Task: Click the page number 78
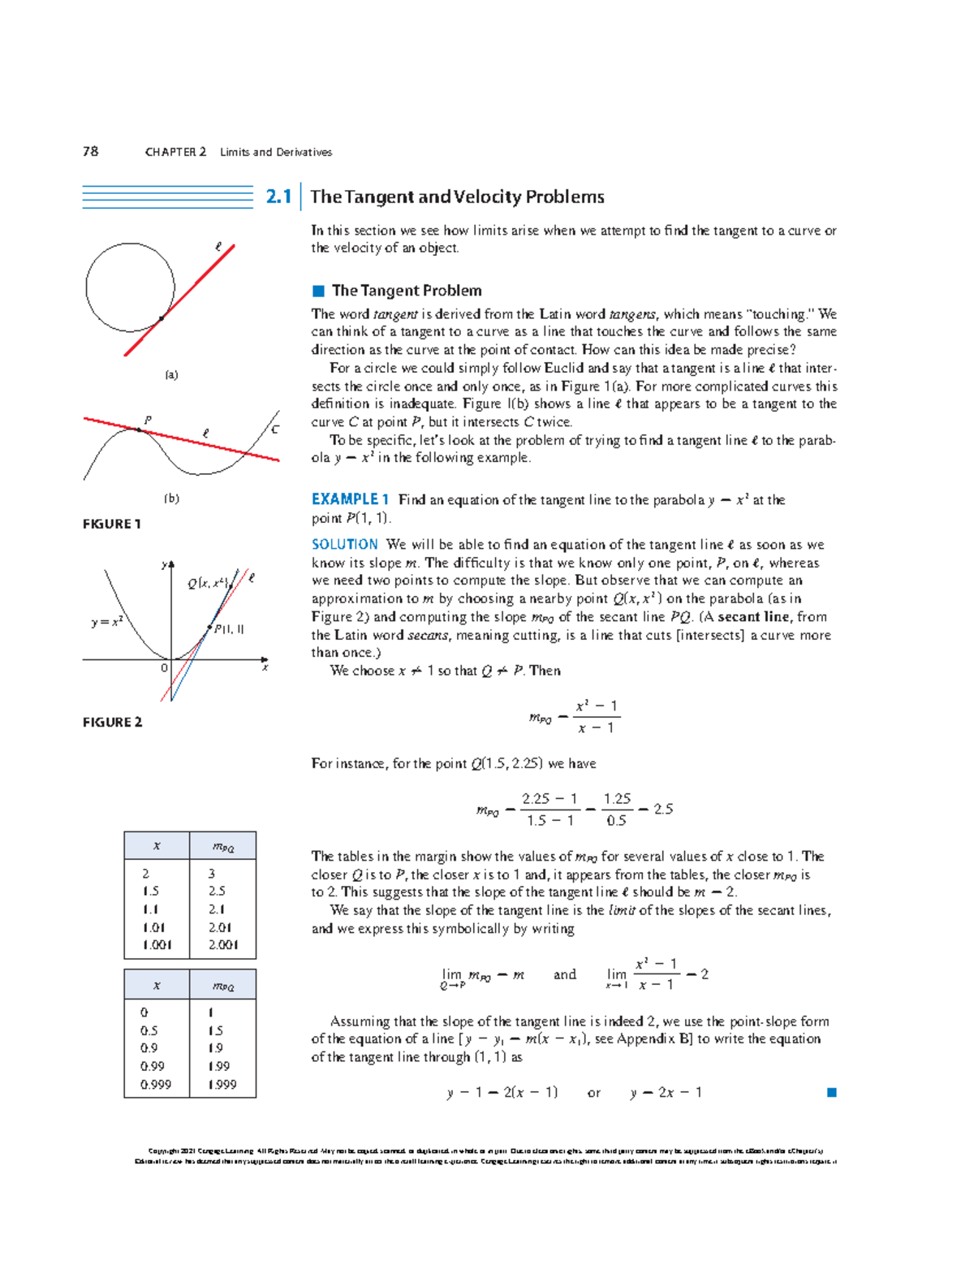[90, 151]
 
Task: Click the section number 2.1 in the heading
[278, 196]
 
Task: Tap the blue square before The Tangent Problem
[318, 291]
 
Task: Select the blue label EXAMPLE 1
[351, 499]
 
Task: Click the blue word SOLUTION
[345, 544]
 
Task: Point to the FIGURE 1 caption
[112, 524]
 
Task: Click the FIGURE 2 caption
[112, 722]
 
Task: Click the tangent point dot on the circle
[162, 318]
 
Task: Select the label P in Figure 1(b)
[148, 420]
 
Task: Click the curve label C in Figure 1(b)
[275, 429]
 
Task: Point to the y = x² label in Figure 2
[107, 622]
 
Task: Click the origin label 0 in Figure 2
[164, 667]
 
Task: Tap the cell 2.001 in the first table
[223, 944]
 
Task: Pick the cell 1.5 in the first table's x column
[150, 891]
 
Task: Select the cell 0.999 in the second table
[156, 1084]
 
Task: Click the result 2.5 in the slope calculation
[663, 809]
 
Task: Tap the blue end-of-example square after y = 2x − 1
[831, 1092]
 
